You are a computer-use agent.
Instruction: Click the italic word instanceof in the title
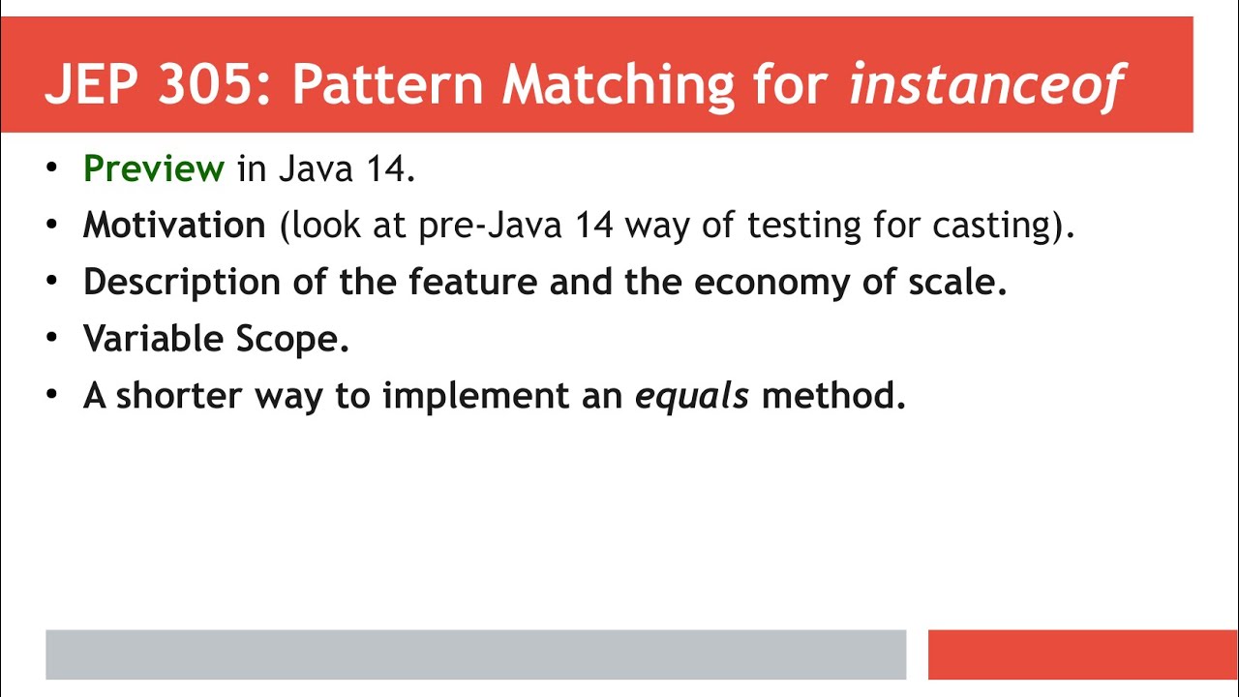985,85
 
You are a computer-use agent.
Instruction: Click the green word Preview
154,169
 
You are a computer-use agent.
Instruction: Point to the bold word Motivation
174,226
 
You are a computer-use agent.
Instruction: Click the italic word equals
691,396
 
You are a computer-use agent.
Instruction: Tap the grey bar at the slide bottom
475,654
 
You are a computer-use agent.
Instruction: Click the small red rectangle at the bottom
1082,654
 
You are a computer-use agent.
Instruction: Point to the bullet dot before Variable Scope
52,339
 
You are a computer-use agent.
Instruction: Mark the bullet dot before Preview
52,169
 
